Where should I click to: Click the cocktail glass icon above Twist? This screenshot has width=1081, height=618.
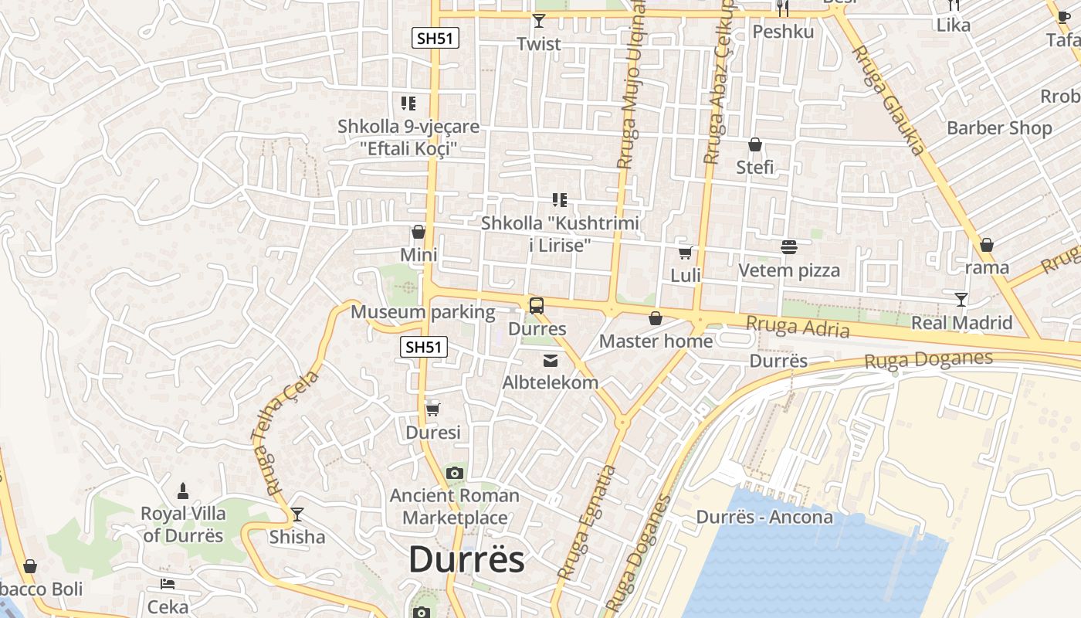coord(539,21)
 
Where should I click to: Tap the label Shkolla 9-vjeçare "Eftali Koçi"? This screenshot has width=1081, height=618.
coord(408,137)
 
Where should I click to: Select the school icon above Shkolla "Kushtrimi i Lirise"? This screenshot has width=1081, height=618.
coord(560,201)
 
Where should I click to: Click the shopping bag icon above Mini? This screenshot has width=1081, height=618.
coord(419,232)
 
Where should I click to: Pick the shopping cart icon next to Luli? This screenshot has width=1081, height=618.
coord(685,253)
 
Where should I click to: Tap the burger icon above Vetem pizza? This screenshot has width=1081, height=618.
coord(789,247)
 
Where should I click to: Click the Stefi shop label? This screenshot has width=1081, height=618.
coord(754,168)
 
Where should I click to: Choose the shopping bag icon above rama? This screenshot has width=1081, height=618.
coord(986,245)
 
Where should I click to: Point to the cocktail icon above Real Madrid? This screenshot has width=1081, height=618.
coord(961,299)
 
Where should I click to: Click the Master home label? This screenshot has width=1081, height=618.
coord(656,341)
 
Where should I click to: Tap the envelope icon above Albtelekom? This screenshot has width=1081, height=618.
coord(551,360)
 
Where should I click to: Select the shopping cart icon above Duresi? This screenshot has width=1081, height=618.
coord(432,409)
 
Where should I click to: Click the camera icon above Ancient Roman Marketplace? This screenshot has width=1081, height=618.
coord(455,473)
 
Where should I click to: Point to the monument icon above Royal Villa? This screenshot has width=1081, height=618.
coord(183,491)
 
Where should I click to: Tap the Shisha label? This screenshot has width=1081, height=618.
coord(297,536)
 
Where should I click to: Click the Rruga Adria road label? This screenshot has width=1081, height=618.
coord(798,328)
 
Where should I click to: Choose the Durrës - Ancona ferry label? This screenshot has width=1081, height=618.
coord(764,517)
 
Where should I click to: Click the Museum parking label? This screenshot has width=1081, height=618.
coord(422,312)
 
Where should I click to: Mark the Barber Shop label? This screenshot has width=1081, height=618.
coord(999,127)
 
